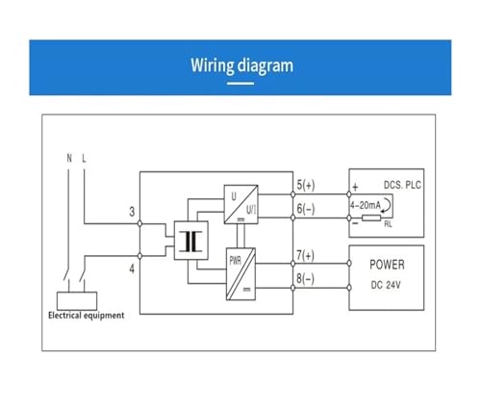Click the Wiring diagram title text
pyautogui.click(x=241, y=65)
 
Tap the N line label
pyautogui.click(x=69, y=158)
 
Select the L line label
pyautogui.click(x=84, y=158)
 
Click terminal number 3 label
pyautogui.click(x=132, y=212)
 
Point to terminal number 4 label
pyautogui.click(x=132, y=268)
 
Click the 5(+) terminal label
pyautogui.click(x=306, y=185)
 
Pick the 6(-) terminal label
pyautogui.click(x=306, y=209)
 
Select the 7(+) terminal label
pyautogui.click(x=305, y=255)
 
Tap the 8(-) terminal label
pyautogui.click(x=305, y=278)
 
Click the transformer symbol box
pyautogui.click(x=190, y=241)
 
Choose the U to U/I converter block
pyautogui.click(x=240, y=204)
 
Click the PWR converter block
pyautogui.click(x=240, y=274)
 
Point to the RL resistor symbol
pyautogui.click(x=371, y=218)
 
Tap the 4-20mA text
pyautogui.click(x=366, y=205)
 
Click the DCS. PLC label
pyautogui.click(x=402, y=185)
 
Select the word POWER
pyautogui.click(x=387, y=265)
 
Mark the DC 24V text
pyautogui.click(x=386, y=285)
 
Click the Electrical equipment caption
pyautogui.click(x=86, y=316)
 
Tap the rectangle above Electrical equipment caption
pyautogui.click(x=77, y=301)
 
